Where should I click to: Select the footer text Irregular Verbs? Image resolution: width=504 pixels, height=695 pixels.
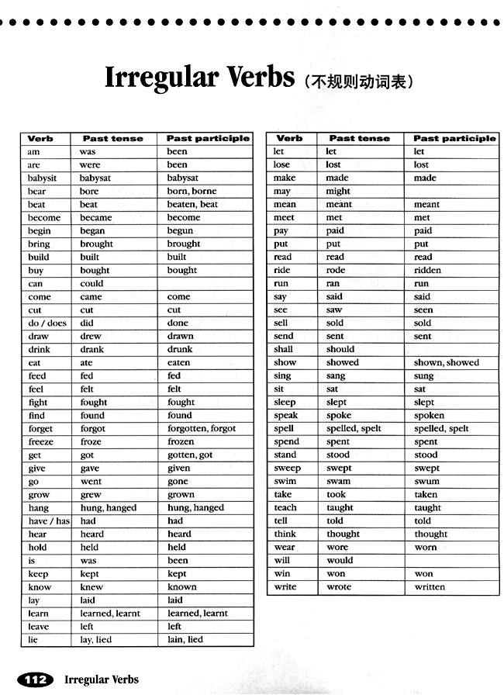tap(102, 680)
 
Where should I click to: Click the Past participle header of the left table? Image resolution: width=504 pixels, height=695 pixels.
tap(208, 138)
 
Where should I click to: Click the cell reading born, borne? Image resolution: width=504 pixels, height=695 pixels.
tap(192, 191)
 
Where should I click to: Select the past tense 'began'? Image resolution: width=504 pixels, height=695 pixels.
tap(92, 230)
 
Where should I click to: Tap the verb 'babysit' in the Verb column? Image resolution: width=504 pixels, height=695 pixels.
tap(43, 178)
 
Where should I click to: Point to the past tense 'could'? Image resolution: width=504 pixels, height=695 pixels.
tap(91, 283)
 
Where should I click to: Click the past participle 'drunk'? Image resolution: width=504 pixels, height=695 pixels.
tap(180, 349)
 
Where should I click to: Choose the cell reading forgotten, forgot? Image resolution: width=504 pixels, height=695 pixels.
tap(202, 428)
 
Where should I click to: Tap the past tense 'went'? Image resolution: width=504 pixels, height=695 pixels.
tap(90, 481)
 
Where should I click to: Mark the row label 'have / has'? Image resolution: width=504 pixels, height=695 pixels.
tap(49, 520)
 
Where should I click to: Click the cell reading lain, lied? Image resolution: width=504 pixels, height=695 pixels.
tap(185, 639)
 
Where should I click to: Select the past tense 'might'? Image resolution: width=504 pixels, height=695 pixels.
tap(338, 191)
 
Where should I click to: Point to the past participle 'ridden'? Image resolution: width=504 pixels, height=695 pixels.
tap(427, 270)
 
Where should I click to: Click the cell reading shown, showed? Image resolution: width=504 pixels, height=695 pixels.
tap(447, 362)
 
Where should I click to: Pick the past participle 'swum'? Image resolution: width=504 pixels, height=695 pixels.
tap(426, 481)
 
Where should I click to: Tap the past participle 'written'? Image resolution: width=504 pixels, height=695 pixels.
tap(430, 586)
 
